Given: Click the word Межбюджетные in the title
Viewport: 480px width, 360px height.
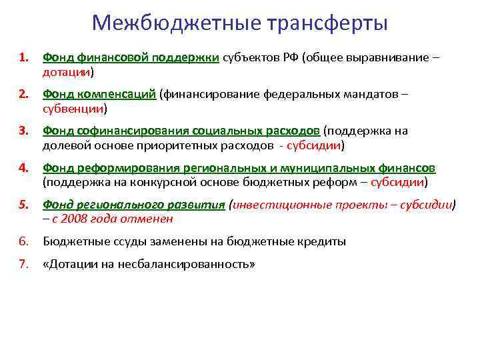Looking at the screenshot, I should pyautogui.click(x=176, y=23).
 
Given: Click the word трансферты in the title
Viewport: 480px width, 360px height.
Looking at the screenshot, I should pyautogui.click(x=327, y=23).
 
